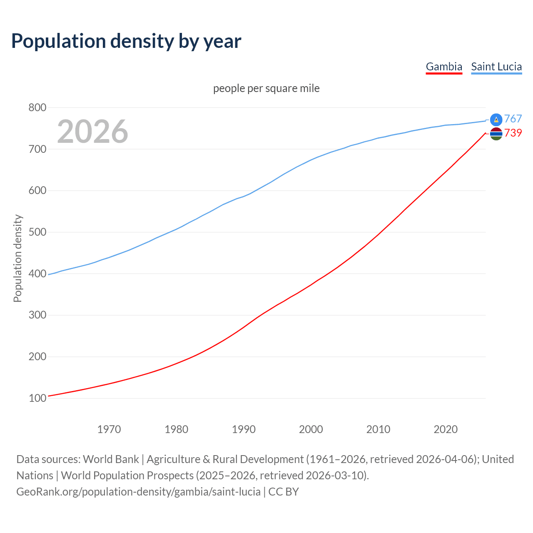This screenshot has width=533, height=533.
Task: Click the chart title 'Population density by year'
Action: tap(126, 41)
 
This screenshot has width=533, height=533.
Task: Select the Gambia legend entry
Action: tap(444, 67)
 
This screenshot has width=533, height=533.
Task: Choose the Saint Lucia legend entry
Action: tap(496, 67)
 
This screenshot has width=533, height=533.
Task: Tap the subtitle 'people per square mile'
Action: tap(266, 88)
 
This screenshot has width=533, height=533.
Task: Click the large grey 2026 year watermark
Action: tap(92, 131)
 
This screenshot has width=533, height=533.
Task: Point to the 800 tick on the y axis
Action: tap(37, 107)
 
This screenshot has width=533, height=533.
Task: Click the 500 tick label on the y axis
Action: tap(37, 232)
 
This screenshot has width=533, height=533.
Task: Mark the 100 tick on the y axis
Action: tap(37, 398)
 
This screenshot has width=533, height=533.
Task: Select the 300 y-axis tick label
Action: tap(37, 315)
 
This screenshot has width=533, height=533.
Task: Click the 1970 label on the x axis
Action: tap(109, 429)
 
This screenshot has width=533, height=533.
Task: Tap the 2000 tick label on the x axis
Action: tap(311, 429)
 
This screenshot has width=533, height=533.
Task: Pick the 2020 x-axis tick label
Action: tap(446, 429)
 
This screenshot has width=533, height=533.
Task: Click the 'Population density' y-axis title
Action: tap(17, 258)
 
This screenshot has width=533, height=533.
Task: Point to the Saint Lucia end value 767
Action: tap(513, 119)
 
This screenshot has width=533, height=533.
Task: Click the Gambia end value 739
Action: tap(513, 133)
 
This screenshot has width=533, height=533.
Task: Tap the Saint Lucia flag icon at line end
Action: tap(496, 120)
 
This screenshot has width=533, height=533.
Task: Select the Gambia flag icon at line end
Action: tap(496, 134)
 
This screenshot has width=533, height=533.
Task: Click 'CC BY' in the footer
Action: tap(284, 491)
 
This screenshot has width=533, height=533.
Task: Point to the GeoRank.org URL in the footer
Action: tap(138, 491)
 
